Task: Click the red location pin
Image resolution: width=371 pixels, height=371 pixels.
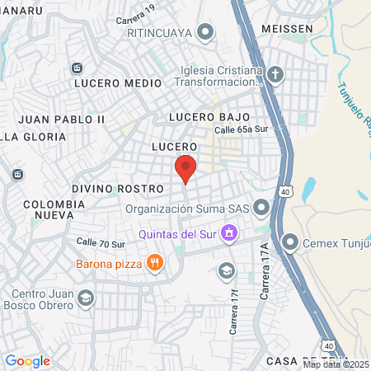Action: (x=185, y=168)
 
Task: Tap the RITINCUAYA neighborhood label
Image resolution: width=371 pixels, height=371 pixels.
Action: (x=159, y=33)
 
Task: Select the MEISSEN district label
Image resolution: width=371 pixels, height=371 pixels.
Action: (x=287, y=28)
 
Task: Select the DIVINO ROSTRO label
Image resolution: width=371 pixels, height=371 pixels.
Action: (x=116, y=189)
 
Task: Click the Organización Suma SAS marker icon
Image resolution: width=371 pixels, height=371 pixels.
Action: (x=261, y=207)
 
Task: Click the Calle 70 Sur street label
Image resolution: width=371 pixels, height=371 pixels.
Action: (x=100, y=243)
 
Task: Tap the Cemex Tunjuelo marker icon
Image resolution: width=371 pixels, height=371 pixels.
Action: (x=290, y=242)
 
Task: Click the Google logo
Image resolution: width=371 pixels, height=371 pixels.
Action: (x=27, y=361)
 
